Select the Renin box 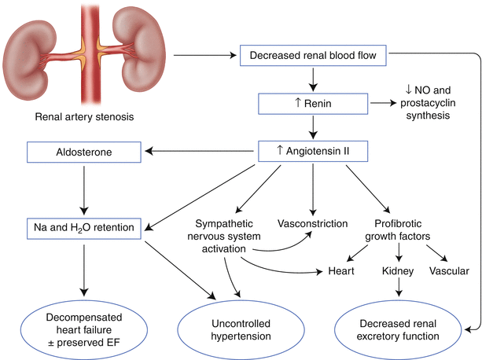313,103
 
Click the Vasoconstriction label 313,224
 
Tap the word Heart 343,271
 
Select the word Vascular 449,271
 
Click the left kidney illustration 35,53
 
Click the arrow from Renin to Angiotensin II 313,127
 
